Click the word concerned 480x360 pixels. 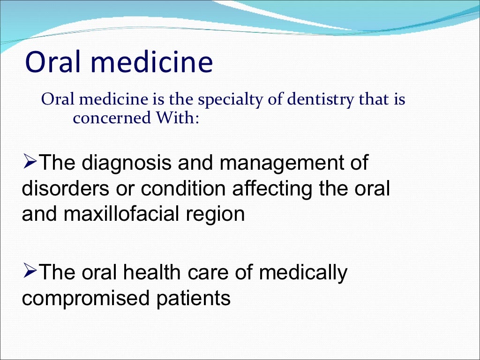point(106,118)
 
